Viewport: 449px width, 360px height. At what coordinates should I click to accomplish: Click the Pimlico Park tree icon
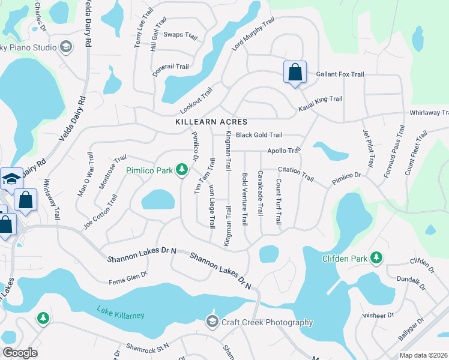(182, 171)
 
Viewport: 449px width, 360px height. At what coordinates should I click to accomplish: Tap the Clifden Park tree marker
(376, 257)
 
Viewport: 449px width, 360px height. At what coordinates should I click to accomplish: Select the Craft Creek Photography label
(267, 322)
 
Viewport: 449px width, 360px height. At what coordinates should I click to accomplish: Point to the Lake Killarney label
(121, 312)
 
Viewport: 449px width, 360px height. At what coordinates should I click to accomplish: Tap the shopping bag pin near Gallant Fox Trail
(295, 73)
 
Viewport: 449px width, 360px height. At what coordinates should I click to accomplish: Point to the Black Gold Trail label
(259, 135)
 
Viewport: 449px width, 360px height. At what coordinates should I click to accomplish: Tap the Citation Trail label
(296, 174)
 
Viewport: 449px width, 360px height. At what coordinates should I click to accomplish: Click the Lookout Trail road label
(196, 101)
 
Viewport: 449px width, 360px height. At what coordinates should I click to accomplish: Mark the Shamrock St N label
(148, 347)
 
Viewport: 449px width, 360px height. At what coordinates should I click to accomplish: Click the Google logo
(20, 353)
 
